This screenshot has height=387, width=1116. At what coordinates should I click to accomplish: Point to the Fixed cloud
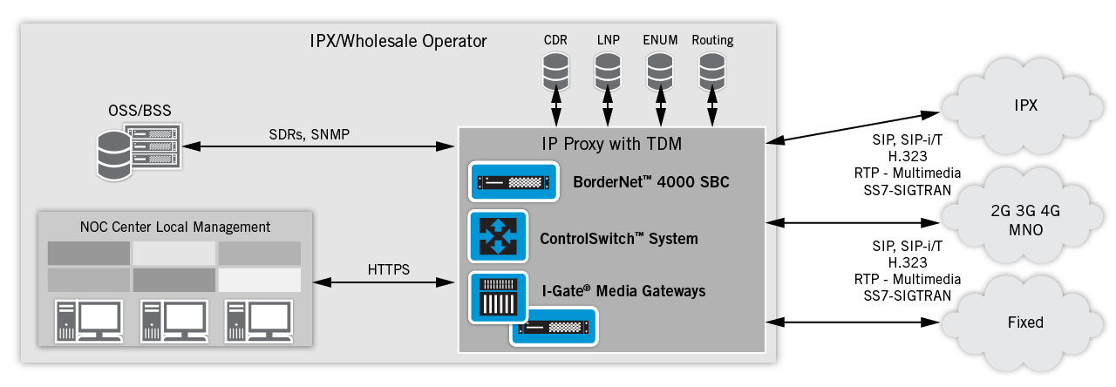1025,322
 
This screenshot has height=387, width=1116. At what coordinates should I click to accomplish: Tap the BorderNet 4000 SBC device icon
511,183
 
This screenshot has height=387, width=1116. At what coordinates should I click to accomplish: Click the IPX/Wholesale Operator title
398,41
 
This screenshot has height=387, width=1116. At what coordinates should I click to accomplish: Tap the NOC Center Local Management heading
175,227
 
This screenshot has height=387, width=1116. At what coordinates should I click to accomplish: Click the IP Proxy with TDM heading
611,145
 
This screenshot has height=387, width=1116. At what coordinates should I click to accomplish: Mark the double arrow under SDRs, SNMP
319,146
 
